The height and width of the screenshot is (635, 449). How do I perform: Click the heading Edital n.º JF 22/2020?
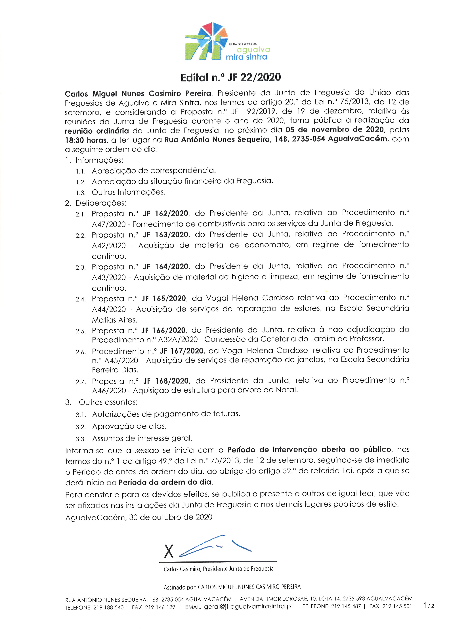click(231, 78)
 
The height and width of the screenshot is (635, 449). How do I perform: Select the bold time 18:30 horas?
click(85, 140)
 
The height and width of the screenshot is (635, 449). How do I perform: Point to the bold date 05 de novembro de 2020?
click(335, 130)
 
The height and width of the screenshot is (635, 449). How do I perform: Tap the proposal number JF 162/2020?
click(166, 213)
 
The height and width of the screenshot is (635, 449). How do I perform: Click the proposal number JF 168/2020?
click(166, 381)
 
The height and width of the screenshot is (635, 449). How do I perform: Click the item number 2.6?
click(81, 352)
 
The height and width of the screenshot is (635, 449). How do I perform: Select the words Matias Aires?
click(114, 320)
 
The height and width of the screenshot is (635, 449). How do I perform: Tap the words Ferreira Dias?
click(115, 370)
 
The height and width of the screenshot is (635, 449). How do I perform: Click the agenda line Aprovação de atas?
click(129, 426)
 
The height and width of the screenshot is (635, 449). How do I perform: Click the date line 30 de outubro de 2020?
click(171, 517)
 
